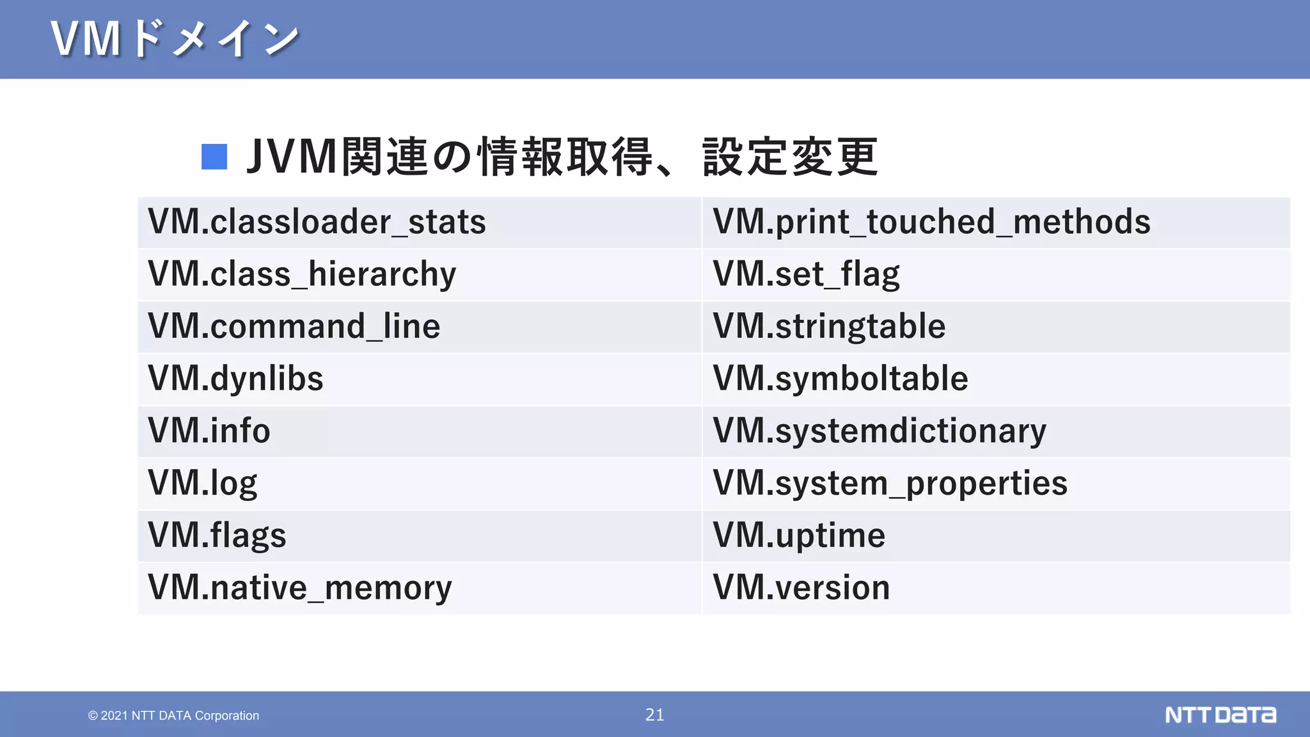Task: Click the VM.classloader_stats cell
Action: point(317,222)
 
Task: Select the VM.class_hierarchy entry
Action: point(302,274)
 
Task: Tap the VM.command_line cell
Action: point(294,326)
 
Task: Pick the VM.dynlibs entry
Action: point(235,379)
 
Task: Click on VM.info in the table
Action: point(209,431)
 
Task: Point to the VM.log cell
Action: point(202,483)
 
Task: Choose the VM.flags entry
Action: point(217,535)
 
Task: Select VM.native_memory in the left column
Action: point(299,588)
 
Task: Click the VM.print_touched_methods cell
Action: point(931,222)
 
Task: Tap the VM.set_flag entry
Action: point(806,274)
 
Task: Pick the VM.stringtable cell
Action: point(829,326)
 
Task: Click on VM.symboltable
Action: point(840,379)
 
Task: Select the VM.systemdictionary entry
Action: point(880,431)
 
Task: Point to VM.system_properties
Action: point(890,483)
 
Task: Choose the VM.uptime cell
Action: point(799,535)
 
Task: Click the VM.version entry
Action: point(801,588)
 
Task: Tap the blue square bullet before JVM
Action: point(214,157)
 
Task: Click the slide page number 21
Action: point(654,715)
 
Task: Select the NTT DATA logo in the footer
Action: point(1220,715)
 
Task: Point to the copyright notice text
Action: point(173,715)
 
